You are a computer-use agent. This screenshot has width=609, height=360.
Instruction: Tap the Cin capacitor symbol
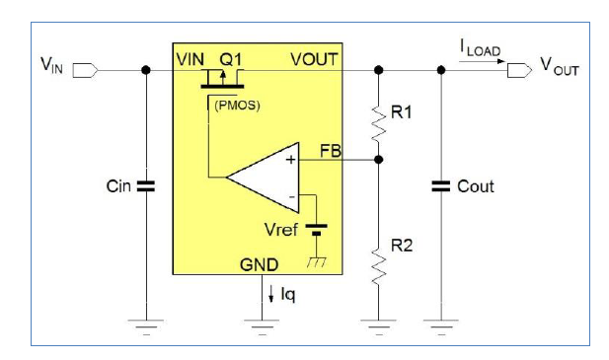pyautogui.click(x=146, y=185)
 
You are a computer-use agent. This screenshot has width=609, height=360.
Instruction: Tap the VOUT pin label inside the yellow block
pyautogui.click(x=314, y=59)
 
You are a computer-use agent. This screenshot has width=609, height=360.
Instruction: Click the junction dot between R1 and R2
pyautogui.click(x=378, y=159)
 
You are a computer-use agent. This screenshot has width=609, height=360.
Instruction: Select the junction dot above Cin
pyautogui.click(x=146, y=70)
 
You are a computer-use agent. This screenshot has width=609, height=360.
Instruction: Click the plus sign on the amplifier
pyautogui.click(x=290, y=159)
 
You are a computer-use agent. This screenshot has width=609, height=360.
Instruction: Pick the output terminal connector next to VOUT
pyautogui.click(x=514, y=70)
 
